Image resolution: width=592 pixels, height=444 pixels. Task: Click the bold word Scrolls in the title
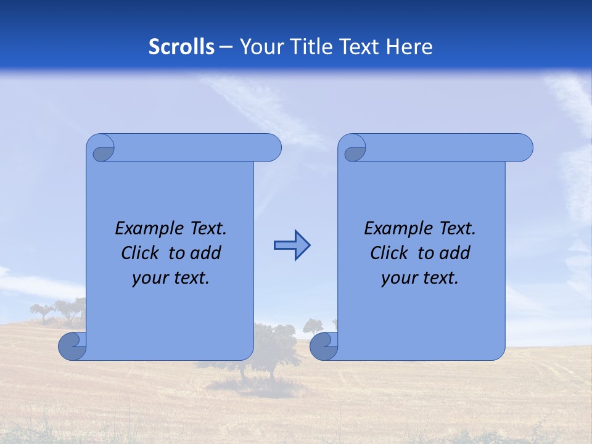[x=181, y=47]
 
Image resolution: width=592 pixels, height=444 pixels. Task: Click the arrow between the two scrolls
[x=292, y=245]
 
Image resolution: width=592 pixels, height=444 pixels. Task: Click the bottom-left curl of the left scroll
[x=72, y=347]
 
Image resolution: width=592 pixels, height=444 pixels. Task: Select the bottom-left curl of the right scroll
[x=323, y=347]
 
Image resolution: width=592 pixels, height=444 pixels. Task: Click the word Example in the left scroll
[x=149, y=229]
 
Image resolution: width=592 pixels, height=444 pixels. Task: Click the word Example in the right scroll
[x=398, y=229]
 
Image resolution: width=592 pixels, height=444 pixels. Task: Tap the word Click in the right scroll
[x=388, y=253]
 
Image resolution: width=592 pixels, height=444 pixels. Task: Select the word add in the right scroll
[x=456, y=253]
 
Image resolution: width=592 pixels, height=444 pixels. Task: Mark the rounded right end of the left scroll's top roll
[x=271, y=148]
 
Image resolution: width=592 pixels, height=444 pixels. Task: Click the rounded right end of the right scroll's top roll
[x=523, y=148]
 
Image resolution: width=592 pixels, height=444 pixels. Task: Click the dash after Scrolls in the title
[x=226, y=47]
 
